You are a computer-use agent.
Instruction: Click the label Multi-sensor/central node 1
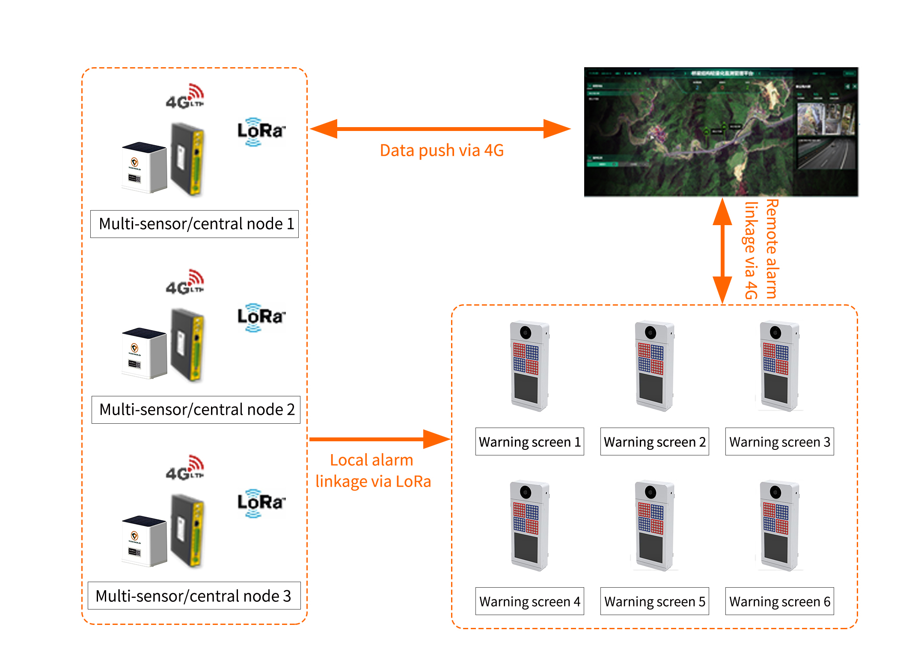(194, 224)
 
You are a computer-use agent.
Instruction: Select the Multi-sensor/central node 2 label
(196, 410)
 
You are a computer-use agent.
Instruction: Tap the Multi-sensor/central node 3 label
(194, 595)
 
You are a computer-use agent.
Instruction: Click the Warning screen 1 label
(529, 441)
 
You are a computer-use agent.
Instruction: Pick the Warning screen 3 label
(779, 441)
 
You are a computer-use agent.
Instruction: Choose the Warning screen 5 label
(654, 601)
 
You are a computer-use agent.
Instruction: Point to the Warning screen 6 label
(779, 601)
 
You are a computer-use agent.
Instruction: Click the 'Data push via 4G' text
(442, 151)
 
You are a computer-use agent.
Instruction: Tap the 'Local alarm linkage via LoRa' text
(373, 470)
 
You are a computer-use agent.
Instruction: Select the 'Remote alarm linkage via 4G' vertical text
(761, 250)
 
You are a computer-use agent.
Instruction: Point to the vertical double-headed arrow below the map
(722, 251)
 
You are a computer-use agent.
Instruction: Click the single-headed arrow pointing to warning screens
(379, 439)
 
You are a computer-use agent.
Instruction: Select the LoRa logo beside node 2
(261, 317)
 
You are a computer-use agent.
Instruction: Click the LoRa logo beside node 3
(261, 503)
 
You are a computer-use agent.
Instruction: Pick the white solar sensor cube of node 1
(143, 168)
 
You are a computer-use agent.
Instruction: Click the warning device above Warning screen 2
(654, 366)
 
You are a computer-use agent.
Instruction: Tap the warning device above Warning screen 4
(529, 526)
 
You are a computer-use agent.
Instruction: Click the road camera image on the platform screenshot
(826, 153)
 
